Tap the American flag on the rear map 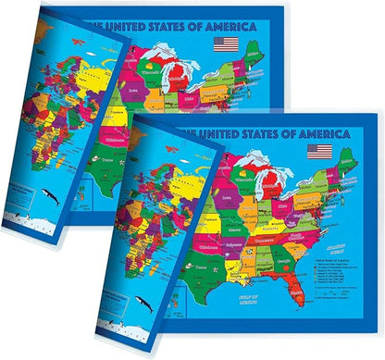pos(225,43)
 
